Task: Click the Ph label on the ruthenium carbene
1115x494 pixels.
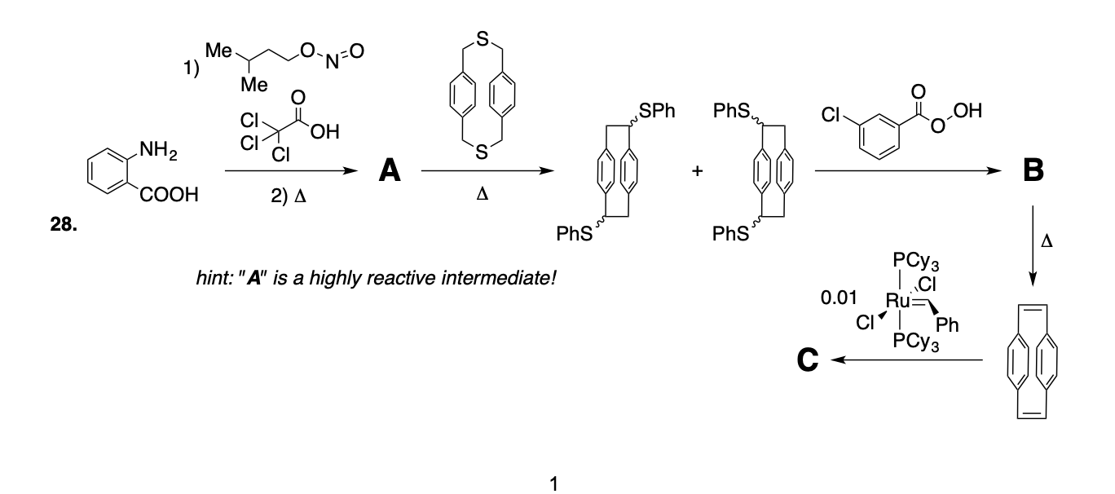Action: point(948,325)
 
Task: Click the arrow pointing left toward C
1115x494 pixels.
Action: point(905,359)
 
